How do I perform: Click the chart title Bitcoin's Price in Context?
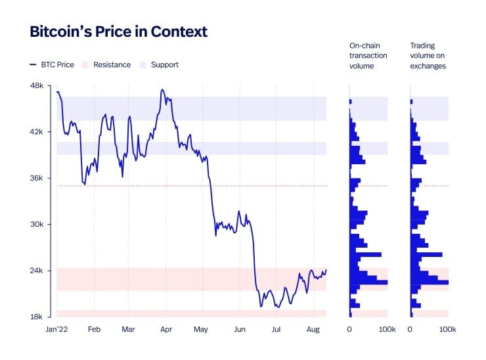click(118, 32)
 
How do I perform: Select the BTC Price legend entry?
click(52, 64)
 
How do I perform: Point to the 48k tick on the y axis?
click(37, 85)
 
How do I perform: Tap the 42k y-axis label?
click(37, 132)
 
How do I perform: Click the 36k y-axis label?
click(37, 178)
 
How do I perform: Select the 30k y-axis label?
click(37, 225)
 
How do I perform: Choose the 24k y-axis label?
click(37, 271)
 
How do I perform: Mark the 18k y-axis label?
click(37, 317)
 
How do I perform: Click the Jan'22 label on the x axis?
click(57, 328)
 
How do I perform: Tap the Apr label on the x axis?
click(166, 328)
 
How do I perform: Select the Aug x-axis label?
click(313, 328)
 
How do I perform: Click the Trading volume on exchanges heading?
click(428, 55)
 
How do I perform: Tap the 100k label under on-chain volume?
click(387, 328)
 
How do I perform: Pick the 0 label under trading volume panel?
click(410, 328)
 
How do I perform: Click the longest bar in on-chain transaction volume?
click(368, 282)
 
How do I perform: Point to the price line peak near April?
click(162, 89)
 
